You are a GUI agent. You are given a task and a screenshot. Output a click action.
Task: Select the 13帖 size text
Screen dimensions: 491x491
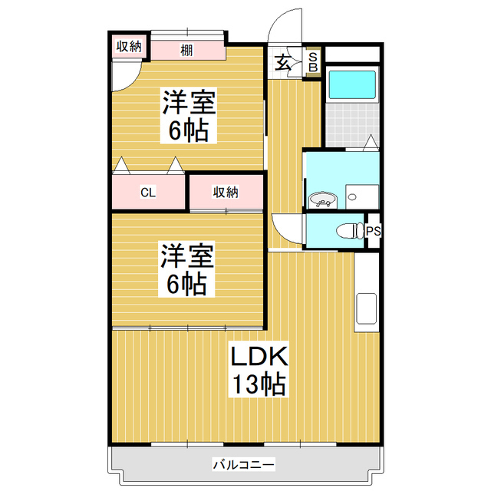pyautogui.click(x=257, y=384)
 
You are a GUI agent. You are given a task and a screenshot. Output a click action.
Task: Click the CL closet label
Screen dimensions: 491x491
pyautogui.click(x=148, y=193)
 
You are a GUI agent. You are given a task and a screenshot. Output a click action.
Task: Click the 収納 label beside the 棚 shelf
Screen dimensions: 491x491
pyautogui.click(x=129, y=47)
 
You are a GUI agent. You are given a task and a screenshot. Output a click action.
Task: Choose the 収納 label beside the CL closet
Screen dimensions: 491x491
pyautogui.click(x=226, y=191)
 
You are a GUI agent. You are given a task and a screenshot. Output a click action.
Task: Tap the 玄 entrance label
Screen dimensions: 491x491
pyautogui.click(x=284, y=63)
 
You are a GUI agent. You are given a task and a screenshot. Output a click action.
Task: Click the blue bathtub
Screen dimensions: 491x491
pyautogui.click(x=351, y=86)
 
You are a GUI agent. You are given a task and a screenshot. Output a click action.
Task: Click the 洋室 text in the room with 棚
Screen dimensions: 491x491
pyautogui.click(x=188, y=101)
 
